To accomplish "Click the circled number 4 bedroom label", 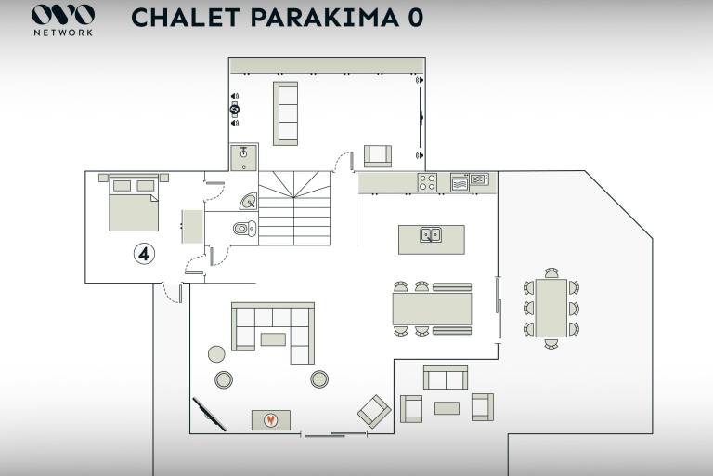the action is tap(144, 254).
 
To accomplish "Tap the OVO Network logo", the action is tap(63, 20).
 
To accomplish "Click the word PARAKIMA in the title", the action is tap(325, 18).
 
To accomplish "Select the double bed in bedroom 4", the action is tap(134, 203).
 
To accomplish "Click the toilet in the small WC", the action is tap(245, 228).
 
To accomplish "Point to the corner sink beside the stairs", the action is tap(249, 202).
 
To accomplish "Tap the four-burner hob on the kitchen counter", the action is tap(427, 182).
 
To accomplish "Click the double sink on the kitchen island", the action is tap(430, 234).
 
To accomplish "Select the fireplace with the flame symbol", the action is tap(271, 420).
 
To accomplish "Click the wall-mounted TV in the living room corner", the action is tap(209, 414).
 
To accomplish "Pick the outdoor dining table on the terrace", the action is tap(551, 308).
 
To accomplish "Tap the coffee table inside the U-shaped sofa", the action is tap(273, 339).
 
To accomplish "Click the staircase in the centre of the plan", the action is tap(294, 208).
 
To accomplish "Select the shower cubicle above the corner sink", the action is tap(244, 158).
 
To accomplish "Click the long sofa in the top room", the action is tap(285, 113).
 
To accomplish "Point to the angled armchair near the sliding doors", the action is tap(374, 411).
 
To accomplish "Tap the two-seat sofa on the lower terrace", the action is tap(446, 377).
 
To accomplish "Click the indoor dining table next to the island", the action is tap(432, 309).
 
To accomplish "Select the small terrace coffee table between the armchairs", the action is tap(447, 408).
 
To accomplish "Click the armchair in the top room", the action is tap(378, 156).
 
